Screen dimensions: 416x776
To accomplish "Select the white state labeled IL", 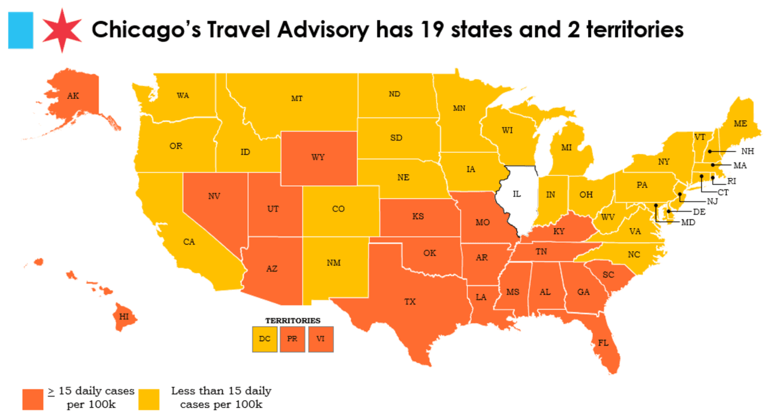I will [517, 195].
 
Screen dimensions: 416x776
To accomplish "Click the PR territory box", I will [292, 339].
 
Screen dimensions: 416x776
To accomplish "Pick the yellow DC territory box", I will [264, 339].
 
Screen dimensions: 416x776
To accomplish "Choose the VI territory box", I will [320, 339].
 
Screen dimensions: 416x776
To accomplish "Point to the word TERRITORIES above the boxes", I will [293, 320].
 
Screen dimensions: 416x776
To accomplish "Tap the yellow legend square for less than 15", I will [149, 398].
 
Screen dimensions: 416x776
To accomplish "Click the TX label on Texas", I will [410, 301].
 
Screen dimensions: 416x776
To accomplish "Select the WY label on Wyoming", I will [318, 158].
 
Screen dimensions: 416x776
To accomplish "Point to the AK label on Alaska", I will [73, 96].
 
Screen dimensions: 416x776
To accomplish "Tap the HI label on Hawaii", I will [124, 317].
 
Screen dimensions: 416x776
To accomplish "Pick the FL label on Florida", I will [603, 343].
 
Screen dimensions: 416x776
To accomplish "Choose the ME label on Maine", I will [740, 123].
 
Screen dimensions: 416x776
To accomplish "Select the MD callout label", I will [687, 223].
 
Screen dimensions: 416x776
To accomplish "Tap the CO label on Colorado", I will [338, 209].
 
